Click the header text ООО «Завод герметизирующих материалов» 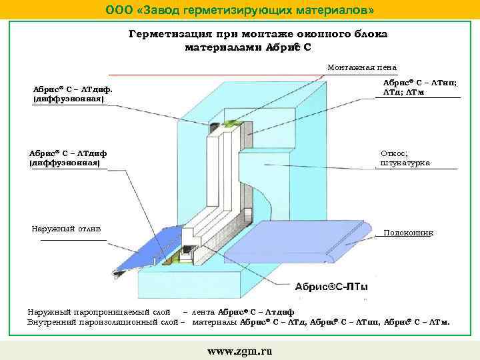(240, 10)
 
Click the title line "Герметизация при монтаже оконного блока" (257, 34)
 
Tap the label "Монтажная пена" (362, 67)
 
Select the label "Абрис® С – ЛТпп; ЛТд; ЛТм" (419, 87)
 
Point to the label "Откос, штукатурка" (405, 158)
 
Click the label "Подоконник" (408, 233)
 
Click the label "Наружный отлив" (66, 229)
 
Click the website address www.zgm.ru (240, 351)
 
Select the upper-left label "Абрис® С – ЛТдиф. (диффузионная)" (72, 93)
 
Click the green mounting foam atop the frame (231, 121)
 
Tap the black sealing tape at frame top (215, 125)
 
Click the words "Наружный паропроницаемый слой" (98, 312)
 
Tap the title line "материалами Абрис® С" (247, 47)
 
